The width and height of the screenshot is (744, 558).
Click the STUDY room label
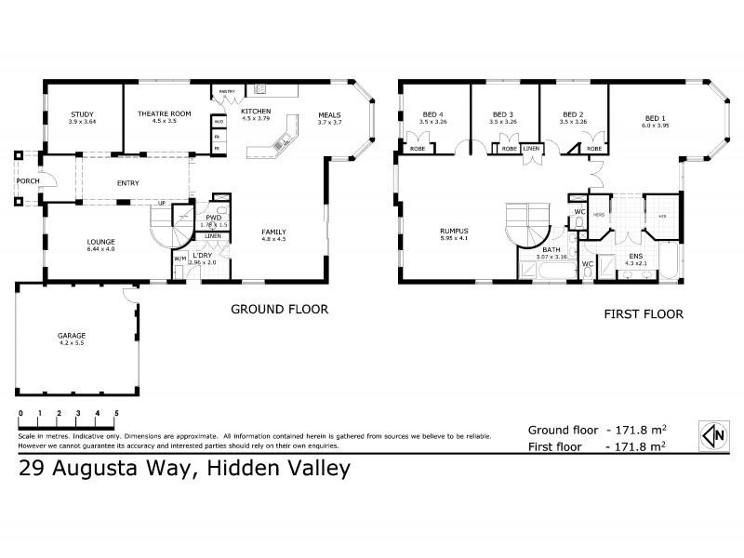click(82, 113)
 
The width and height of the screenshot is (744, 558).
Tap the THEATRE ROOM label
click(164, 113)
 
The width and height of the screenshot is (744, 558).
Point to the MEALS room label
click(330, 115)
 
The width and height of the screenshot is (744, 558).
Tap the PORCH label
click(27, 180)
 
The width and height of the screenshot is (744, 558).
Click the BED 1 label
click(657, 118)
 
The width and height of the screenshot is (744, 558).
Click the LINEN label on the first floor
click(531, 148)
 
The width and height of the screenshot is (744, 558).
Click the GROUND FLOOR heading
click(279, 309)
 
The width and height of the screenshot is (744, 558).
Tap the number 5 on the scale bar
click(116, 412)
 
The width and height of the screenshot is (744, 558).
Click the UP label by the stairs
click(162, 203)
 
